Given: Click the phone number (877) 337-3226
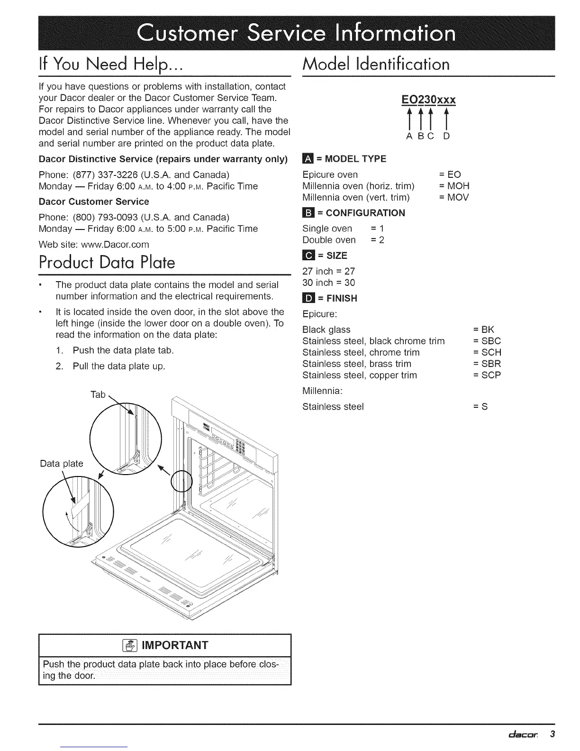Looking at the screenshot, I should coord(96,174).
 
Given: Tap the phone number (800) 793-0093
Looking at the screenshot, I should coord(96,217).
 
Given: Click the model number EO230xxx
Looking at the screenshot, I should coord(428,100).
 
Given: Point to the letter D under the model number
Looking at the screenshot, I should coord(446,137).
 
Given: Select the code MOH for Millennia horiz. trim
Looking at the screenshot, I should coord(458,186).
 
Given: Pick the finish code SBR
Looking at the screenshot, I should coord(491,364).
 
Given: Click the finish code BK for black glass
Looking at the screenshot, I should coord(488,330).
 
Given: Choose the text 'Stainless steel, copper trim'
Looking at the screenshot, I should coord(360,375).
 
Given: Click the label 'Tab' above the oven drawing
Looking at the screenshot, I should coord(98,394).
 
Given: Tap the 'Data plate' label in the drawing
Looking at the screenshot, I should coord(62,463).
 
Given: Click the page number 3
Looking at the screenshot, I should coord(552,734).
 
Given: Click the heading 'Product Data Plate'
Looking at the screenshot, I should coord(107,262).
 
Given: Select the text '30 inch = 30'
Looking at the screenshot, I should coord(328,283).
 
